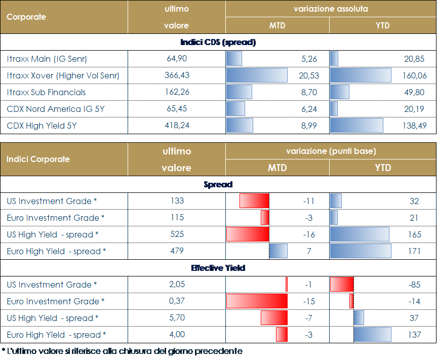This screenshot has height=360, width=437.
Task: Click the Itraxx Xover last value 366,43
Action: point(177,75)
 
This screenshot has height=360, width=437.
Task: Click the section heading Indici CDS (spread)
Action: point(218,42)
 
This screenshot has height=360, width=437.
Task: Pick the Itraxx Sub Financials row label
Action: point(46,92)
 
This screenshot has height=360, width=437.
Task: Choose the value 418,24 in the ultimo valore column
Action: point(177,126)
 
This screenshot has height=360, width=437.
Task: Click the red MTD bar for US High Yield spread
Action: point(248,234)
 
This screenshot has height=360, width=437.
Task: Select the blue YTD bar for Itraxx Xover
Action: point(360,75)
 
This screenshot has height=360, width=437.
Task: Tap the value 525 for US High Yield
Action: point(177,234)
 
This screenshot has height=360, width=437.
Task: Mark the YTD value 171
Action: point(414,251)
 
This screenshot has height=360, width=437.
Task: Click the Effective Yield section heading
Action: point(218,268)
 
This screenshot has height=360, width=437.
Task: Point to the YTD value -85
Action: point(414,285)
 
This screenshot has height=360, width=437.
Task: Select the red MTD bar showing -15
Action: point(257,301)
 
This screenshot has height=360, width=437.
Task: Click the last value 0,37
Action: point(177,301)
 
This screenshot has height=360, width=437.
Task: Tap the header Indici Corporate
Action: point(37,159)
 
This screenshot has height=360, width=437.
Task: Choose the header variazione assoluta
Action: point(331,9)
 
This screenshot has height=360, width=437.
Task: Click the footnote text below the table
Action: point(122,351)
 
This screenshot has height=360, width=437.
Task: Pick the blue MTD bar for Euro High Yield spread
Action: point(278,251)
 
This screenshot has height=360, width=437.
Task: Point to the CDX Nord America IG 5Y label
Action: point(55,109)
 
